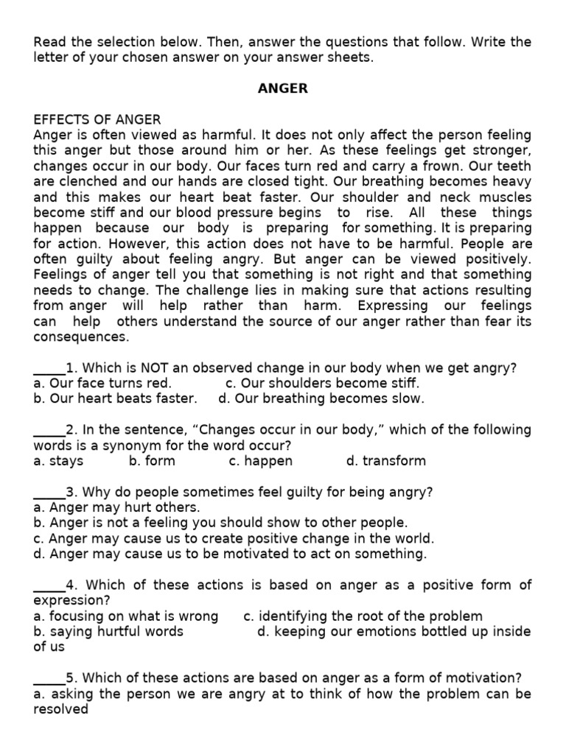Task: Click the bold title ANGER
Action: [283, 89]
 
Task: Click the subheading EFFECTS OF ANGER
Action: [97, 119]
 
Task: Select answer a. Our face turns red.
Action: [102, 383]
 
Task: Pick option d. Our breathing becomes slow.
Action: [321, 398]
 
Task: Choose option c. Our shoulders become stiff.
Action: [322, 383]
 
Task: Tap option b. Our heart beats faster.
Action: [115, 398]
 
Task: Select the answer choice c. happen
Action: [260, 461]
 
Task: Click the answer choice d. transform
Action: [385, 461]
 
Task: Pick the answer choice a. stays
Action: [58, 461]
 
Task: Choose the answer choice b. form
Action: [152, 461]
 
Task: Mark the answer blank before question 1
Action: [49, 368]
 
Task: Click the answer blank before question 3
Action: [49, 492]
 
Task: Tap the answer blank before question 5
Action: [49, 678]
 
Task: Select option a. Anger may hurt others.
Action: [116, 507]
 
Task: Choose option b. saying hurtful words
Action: [108, 632]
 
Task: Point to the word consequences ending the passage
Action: [81, 337]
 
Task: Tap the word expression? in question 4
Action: [64, 601]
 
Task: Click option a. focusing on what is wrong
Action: [126, 616]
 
